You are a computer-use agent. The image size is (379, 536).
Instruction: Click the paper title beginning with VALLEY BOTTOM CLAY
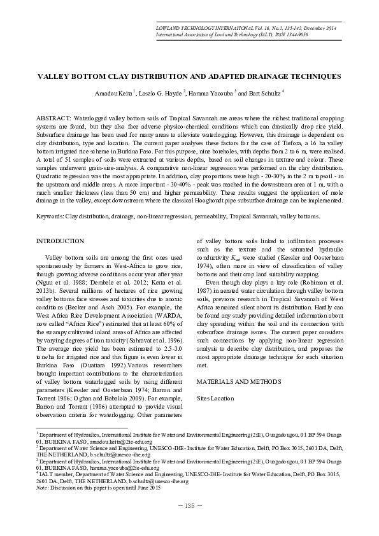pyautogui.click(x=189, y=76)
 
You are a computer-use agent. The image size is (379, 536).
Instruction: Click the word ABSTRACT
pyautogui.click(x=54, y=119)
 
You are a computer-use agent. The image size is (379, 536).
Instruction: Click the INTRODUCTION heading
pyautogui.click(x=60, y=241)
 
